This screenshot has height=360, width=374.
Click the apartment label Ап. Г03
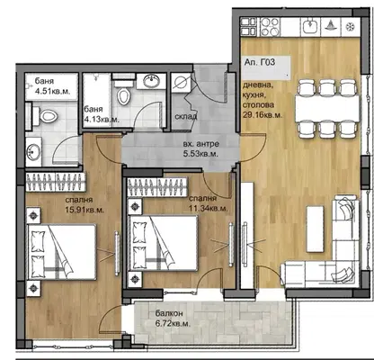260,62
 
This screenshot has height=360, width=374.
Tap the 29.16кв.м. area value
263,115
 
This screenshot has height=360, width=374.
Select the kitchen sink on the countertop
310,26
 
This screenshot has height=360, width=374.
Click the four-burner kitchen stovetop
270,26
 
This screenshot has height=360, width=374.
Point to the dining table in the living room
327,108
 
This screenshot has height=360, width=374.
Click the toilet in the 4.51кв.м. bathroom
47,116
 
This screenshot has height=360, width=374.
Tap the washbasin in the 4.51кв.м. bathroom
33,152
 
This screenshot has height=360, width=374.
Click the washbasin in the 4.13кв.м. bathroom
151,81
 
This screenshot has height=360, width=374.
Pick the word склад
186,116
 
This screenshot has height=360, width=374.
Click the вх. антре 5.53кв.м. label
200,149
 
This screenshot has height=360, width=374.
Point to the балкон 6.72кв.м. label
173,319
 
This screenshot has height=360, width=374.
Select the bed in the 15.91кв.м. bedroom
62,252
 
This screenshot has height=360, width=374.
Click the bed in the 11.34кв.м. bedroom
164,243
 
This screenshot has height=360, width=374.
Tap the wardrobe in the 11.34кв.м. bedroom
157,187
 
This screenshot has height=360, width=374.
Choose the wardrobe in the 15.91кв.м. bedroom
56,182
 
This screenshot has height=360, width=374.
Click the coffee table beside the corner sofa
315,229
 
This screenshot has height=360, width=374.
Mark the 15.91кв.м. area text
85,210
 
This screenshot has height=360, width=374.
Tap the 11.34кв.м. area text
208,208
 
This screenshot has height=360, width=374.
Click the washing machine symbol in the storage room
181,83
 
